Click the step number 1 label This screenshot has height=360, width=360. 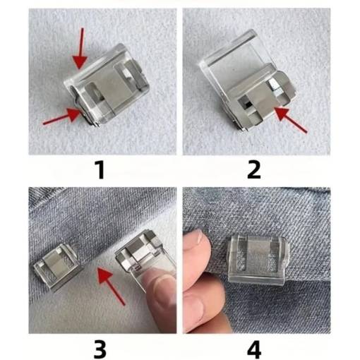(100, 170)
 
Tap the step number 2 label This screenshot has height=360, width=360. (254, 170)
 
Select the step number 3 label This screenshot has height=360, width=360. (100, 349)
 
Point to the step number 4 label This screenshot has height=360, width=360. (254, 349)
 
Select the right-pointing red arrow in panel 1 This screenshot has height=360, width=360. (63, 116)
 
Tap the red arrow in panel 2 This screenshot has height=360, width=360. (291, 120)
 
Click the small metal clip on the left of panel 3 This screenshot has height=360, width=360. (56, 268)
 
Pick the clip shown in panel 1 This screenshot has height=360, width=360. (107, 85)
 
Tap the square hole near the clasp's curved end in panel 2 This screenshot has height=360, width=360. (275, 85)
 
